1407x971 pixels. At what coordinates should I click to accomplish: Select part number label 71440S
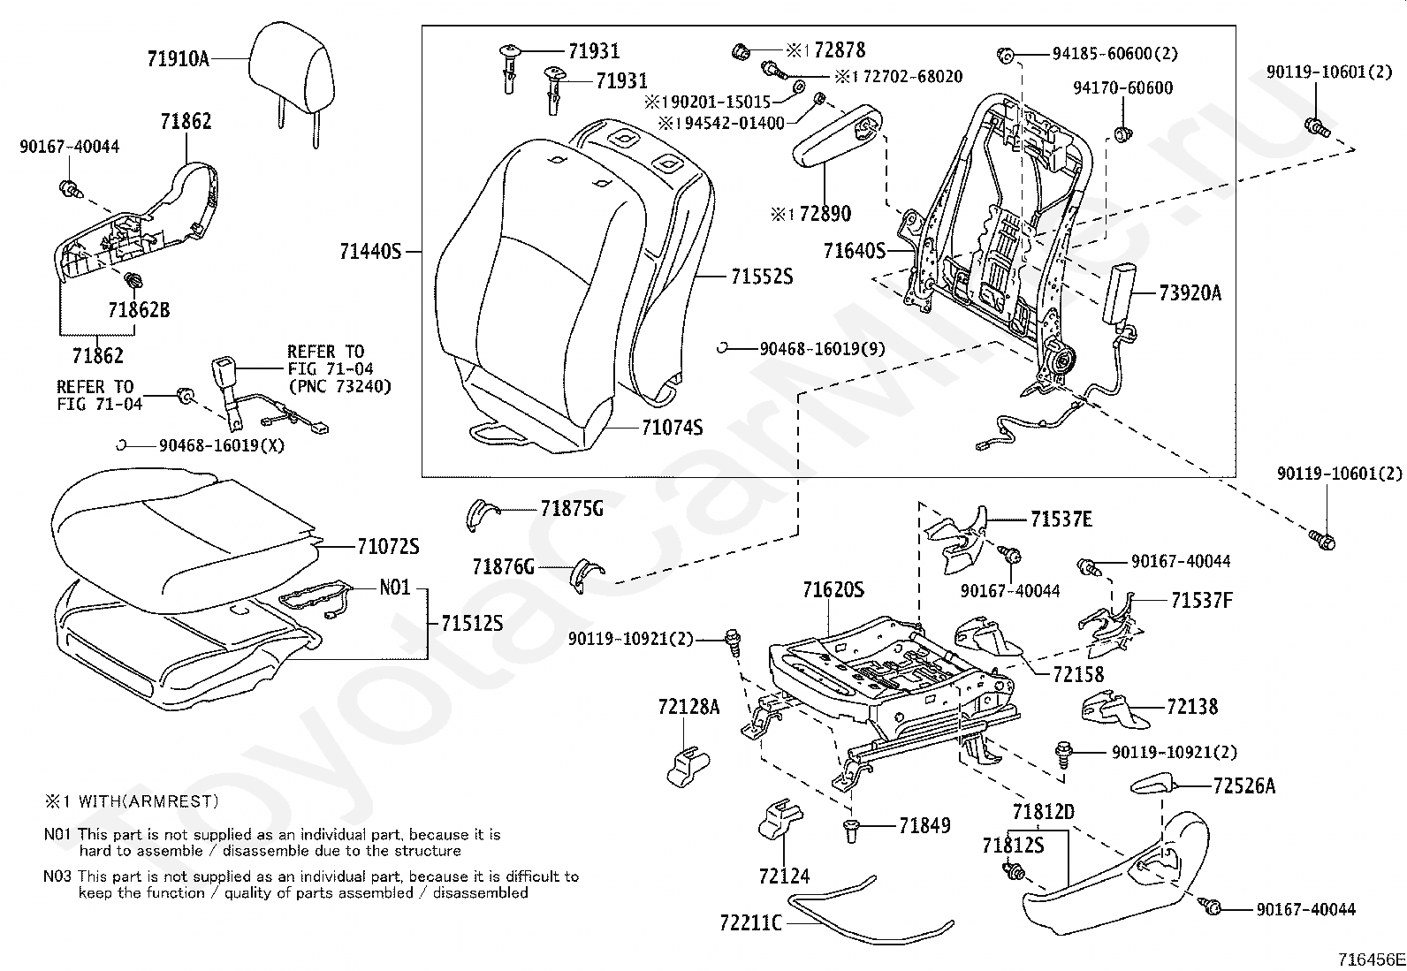370,252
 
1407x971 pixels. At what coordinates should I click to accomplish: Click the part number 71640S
854,251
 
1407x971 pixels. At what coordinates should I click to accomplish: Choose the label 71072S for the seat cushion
388,547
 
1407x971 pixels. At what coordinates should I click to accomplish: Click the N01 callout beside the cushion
394,588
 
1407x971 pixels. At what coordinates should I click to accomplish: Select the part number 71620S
833,589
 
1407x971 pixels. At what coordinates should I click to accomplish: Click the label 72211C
750,923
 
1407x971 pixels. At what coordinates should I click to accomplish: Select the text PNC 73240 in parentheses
339,386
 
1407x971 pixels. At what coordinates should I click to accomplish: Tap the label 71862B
139,310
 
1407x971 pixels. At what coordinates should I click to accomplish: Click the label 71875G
572,509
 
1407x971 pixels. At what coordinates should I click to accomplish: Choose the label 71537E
1061,520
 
